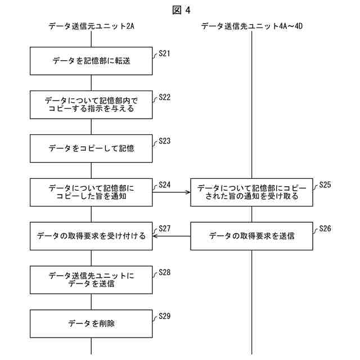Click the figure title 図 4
click(x=179, y=10)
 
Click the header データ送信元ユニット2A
click(x=91, y=26)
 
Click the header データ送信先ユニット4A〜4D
click(x=253, y=26)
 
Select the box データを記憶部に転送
click(x=91, y=61)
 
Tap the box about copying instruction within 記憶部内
click(x=91, y=105)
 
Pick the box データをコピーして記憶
click(x=91, y=148)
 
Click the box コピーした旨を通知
click(x=91, y=192)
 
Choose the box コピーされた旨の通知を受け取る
click(x=251, y=192)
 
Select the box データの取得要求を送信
click(x=251, y=236)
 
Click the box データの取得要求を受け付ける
click(x=91, y=236)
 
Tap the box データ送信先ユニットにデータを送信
click(x=91, y=280)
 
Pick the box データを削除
click(x=91, y=323)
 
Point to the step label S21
click(x=164, y=53)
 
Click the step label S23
click(x=164, y=141)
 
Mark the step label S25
click(x=325, y=184)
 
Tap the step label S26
click(x=325, y=228)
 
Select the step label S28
click(x=164, y=272)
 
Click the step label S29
click(x=164, y=316)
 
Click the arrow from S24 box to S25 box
click(x=172, y=192)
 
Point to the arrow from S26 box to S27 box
click(x=172, y=236)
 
